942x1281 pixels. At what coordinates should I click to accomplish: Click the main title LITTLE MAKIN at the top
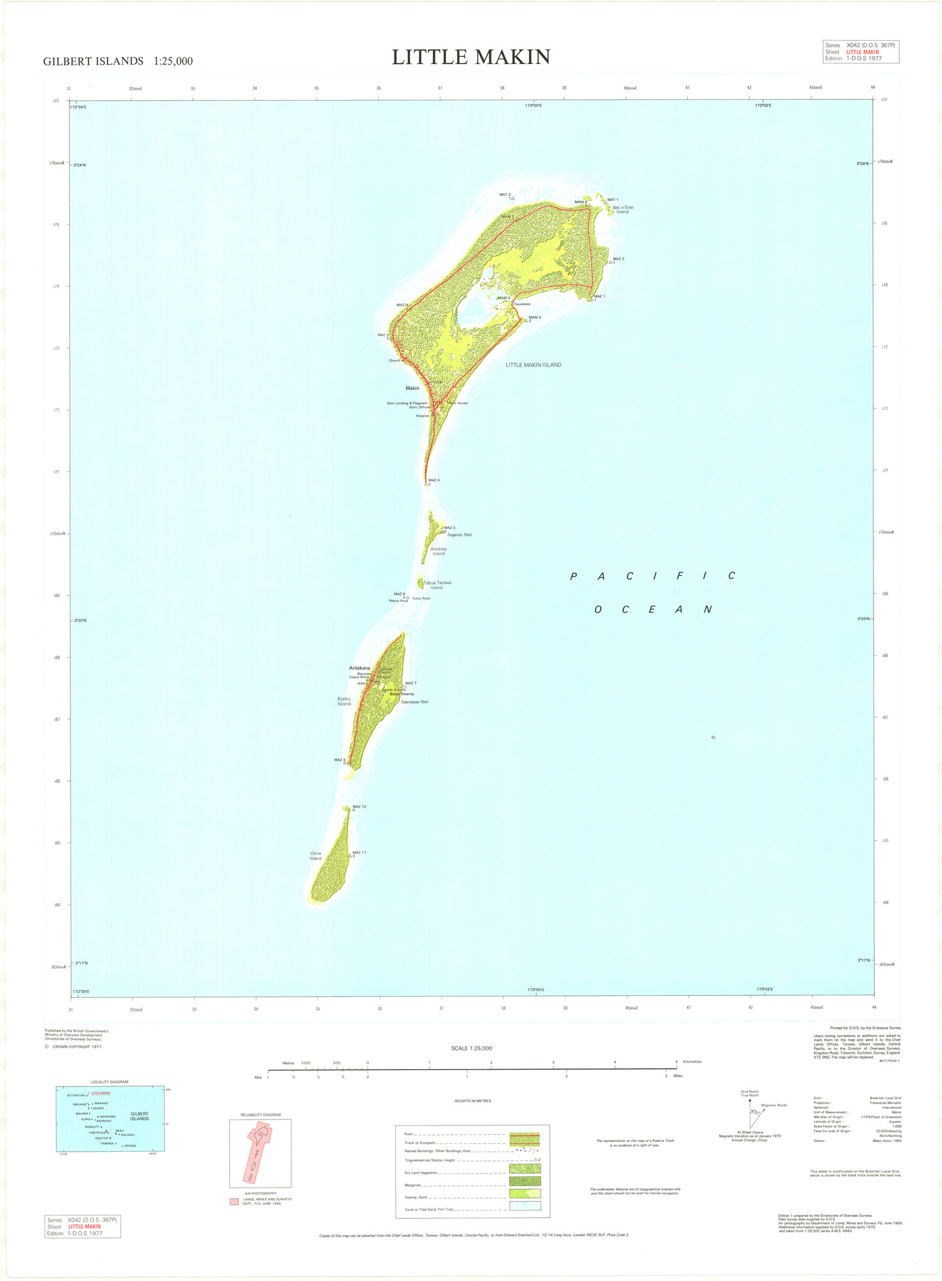(x=471, y=57)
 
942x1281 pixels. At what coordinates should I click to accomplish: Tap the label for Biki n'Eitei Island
(x=622, y=209)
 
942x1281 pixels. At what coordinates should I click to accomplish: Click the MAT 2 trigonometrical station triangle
(x=513, y=199)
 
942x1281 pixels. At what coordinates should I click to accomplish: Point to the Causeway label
(x=522, y=304)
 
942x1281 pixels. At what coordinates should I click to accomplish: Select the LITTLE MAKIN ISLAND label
(x=533, y=365)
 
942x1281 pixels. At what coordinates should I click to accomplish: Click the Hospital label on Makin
(x=423, y=416)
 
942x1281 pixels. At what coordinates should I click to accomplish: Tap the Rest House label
(x=459, y=403)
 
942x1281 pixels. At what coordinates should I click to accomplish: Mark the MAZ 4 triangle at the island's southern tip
(x=426, y=484)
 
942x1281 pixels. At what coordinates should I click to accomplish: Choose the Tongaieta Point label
(x=459, y=534)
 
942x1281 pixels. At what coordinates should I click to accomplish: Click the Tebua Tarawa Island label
(x=437, y=585)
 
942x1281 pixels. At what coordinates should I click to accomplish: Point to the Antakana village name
(x=359, y=668)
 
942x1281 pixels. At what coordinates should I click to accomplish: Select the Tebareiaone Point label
(x=414, y=702)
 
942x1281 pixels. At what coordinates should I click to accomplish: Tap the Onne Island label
(x=316, y=856)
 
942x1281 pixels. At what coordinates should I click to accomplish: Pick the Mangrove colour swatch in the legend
(x=524, y=1180)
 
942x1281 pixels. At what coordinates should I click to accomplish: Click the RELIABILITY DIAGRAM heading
(x=261, y=1114)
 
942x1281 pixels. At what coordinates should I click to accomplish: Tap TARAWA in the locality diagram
(x=97, y=1108)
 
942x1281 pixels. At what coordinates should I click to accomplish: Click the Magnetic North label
(x=774, y=1105)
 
